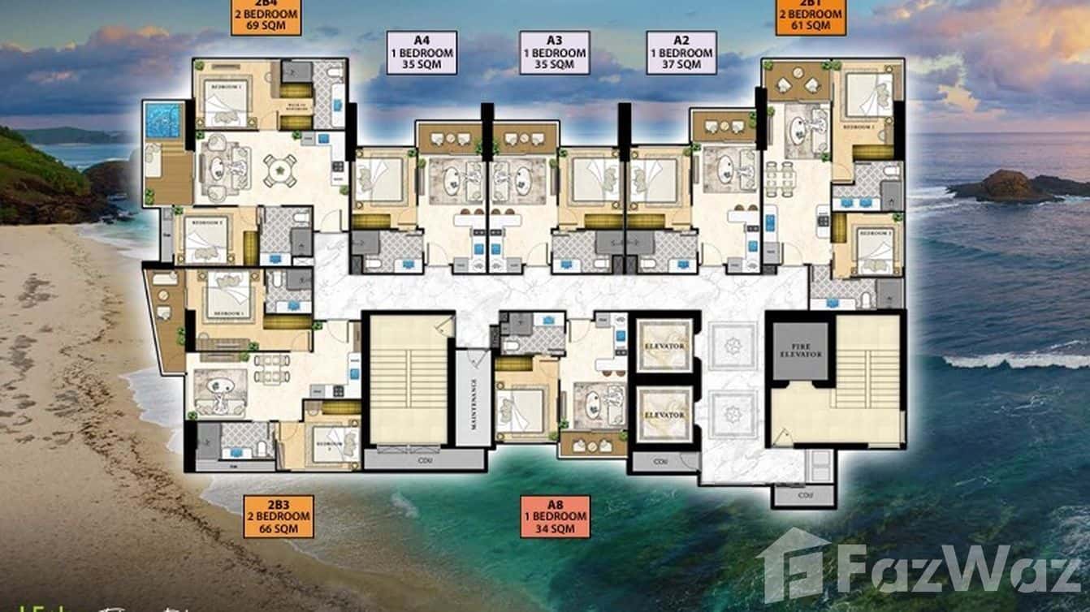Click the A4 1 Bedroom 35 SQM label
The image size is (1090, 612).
point(421,53)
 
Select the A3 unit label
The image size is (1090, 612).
point(555,53)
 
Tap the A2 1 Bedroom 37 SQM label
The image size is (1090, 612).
point(681,53)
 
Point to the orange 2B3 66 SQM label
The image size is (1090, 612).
point(279,517)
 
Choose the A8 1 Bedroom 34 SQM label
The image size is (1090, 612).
point(555,517)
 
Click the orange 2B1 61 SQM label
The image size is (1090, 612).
point(810,16)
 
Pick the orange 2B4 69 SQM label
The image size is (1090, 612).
point(266,16)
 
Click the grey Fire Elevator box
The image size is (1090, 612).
point(800,351)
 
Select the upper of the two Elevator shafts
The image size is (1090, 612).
point(664,345)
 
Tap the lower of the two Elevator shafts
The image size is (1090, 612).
point(664,414)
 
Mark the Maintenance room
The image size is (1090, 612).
point(473,398)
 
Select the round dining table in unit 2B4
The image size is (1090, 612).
point(281,171)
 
